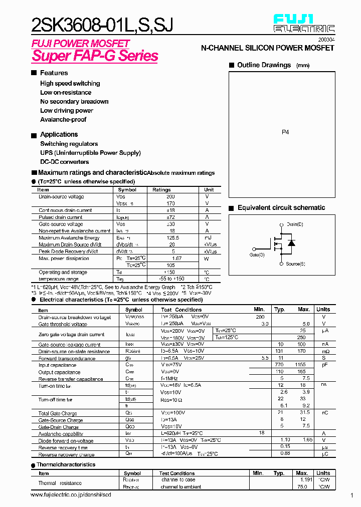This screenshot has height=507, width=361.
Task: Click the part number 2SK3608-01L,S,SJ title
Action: point(102,24)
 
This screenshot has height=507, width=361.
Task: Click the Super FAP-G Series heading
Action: point(95,56)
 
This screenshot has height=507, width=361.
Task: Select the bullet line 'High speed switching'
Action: point(70,84)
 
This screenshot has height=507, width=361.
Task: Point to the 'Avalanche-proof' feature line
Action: point(63,120)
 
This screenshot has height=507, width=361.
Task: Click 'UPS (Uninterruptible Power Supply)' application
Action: point(90,153)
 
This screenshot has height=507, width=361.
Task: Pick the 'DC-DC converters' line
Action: point(64,162)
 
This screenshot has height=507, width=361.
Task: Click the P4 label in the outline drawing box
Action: point(285,133)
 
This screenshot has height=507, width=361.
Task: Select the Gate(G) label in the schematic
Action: point(257,255)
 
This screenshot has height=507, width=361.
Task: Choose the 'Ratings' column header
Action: point(161,190)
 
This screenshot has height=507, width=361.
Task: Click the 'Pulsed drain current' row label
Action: point(61,217)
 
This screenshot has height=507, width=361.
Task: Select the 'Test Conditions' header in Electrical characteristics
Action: point(181,310)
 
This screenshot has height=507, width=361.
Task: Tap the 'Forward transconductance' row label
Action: point(67,359)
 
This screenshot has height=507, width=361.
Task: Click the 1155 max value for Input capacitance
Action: point(300,366)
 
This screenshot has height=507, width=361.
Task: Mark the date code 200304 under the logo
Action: point(326,39)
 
